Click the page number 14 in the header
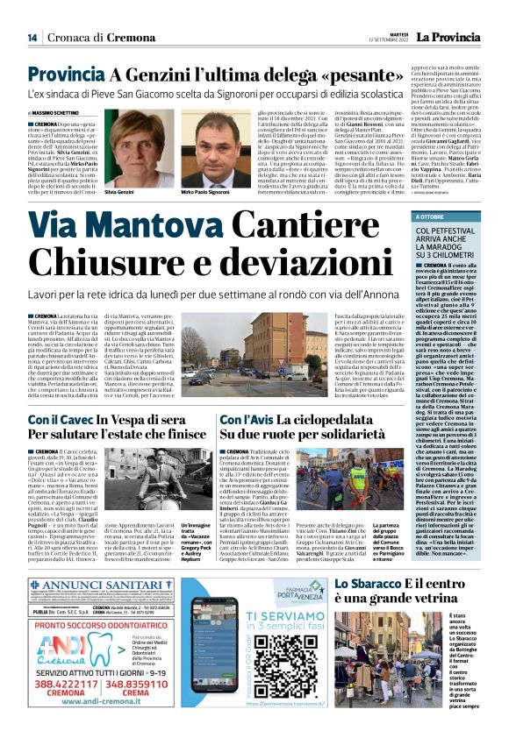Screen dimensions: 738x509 (32, 37)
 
